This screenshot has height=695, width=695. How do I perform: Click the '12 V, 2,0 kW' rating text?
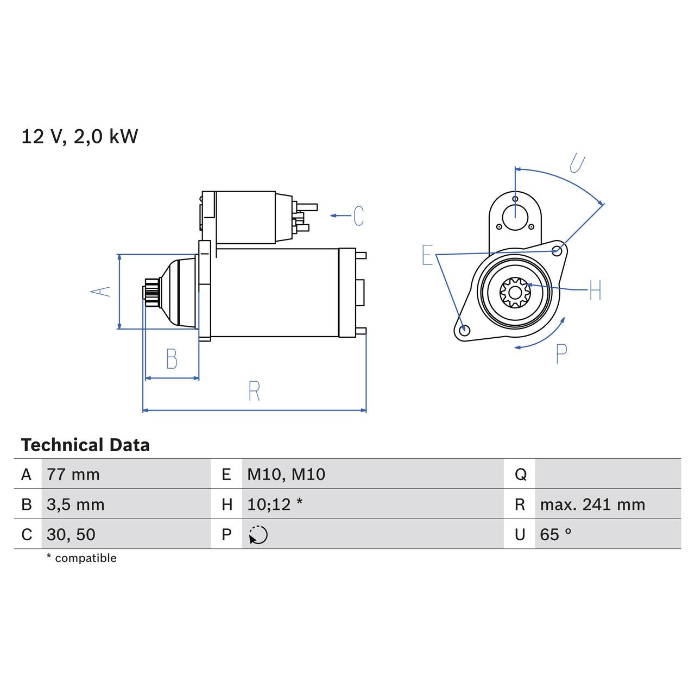(79, 136)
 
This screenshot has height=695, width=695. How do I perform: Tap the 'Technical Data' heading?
(85, 445)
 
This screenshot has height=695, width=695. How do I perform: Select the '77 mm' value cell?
(73, 475)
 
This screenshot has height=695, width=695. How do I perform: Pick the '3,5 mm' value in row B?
(75, 504)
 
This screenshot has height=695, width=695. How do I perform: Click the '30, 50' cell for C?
(71, 535)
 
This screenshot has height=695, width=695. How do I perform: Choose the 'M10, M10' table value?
(286, 475)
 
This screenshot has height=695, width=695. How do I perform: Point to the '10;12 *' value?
(275, 504)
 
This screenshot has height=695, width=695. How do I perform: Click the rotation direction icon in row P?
(258, 535)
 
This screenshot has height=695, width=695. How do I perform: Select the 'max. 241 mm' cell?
(592, 504)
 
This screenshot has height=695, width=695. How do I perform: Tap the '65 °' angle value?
(555, 535)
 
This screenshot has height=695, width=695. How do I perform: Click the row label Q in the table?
(520, 475)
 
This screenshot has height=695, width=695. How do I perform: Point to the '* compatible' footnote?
(81, 558)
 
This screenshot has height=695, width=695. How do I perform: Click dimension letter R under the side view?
(254, 391)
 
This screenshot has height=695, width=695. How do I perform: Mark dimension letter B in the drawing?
(172, 359)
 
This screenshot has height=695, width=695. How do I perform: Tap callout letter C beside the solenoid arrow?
(358, 216)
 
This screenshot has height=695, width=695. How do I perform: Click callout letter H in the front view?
(595, 290)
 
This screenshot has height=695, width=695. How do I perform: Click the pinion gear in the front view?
(515, 293)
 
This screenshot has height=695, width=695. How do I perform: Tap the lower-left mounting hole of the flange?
(464, 331)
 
